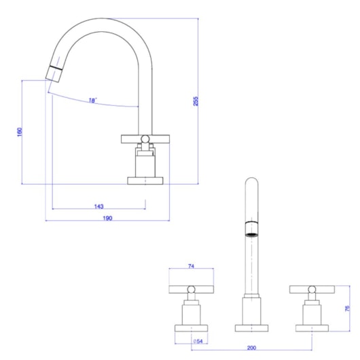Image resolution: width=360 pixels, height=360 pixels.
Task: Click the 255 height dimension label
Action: (196, 102)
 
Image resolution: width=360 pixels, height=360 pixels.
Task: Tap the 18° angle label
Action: (92, 101)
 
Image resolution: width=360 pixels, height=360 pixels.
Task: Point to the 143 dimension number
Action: (99, 205)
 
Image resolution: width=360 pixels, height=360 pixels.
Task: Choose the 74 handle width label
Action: (191, 267)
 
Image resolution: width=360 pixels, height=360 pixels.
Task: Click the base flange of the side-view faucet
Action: (146, 181)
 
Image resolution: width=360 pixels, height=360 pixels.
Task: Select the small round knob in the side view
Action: (144, 140)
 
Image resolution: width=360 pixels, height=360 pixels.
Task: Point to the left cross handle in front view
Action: (191, 291)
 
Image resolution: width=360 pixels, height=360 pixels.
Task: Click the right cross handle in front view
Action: (311, 291)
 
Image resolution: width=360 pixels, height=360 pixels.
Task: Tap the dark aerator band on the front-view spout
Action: (251, 228)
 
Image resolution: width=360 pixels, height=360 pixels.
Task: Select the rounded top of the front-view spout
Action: (251, 183)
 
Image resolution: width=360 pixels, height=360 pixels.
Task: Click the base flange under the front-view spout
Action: (251, 328)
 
